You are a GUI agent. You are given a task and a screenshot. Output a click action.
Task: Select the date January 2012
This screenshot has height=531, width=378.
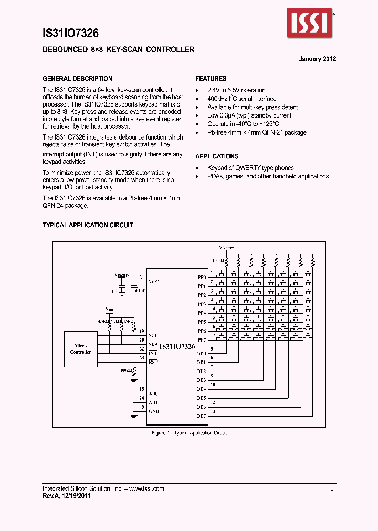click(x=317, y=59)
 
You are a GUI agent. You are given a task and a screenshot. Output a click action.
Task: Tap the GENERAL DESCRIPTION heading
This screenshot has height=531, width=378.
click(x=77, y=79)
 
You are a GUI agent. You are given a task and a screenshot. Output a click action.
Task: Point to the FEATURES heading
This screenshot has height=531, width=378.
click(x=211, y=79)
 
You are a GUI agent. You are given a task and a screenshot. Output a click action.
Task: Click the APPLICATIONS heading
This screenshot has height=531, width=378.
click(x=216, y=156)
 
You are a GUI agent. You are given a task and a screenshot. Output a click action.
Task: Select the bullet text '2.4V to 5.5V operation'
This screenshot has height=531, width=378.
click(x=236, y=90)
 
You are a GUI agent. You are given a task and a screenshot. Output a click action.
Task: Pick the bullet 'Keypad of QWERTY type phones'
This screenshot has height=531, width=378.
click(x=250, y=168)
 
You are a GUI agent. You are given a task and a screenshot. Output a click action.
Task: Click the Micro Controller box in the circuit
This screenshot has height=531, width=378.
click(x=81, y=349)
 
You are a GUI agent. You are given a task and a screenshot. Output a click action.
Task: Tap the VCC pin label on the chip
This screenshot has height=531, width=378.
click(x=153, y=282)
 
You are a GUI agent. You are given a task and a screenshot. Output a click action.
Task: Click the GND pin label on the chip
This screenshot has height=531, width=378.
click(x=154, y=411)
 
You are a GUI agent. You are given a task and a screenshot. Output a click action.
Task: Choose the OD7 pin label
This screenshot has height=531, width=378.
click(x=201, y=416)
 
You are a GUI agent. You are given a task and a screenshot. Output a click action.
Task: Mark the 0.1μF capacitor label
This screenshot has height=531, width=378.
click(x=139, y=290)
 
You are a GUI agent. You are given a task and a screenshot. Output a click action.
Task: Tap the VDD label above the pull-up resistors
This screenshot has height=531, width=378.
click(x=109, y=309)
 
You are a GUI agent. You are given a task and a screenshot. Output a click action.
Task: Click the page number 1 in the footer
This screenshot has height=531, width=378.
click(x=332, y=488)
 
